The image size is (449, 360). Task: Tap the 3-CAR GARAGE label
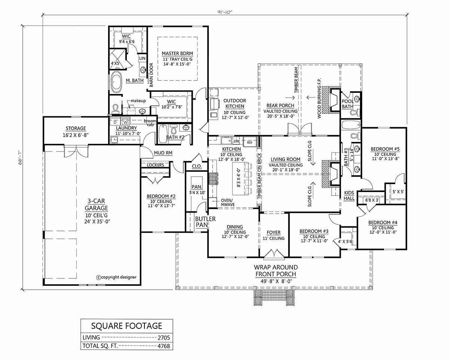coord(96,205)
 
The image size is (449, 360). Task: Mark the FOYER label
coord(273,232)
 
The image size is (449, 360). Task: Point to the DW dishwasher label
coord(236,142)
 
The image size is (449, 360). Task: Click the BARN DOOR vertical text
coord(152,74)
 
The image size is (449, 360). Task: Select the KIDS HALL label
coord(349,196)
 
